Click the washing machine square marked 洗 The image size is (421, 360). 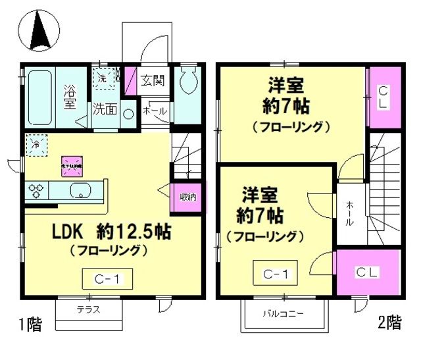tap(103, 78)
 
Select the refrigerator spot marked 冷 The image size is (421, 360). tap(35, 144)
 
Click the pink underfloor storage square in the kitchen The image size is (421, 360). tap(71, 165)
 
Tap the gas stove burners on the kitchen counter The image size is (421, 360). tap(36, 192)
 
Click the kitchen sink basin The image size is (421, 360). tap(80, 192)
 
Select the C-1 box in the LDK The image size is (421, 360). tap(107, 279)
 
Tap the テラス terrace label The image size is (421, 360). tap(87, 310)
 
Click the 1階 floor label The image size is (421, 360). tap(30, 324)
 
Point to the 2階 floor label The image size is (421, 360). tap(389, 323)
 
